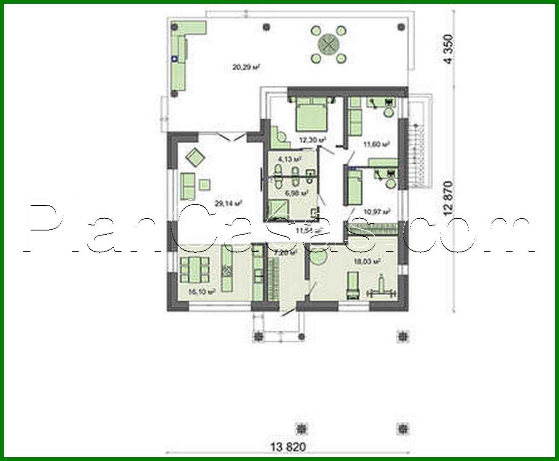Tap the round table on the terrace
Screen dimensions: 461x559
[330, 43]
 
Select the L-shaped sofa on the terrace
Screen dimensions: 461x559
[181, 50]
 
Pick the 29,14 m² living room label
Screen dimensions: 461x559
[229, 204]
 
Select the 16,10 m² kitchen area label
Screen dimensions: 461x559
[202, 292]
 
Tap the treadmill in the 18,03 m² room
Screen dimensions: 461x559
[352, 286]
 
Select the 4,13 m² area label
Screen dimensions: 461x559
[290, 160]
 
